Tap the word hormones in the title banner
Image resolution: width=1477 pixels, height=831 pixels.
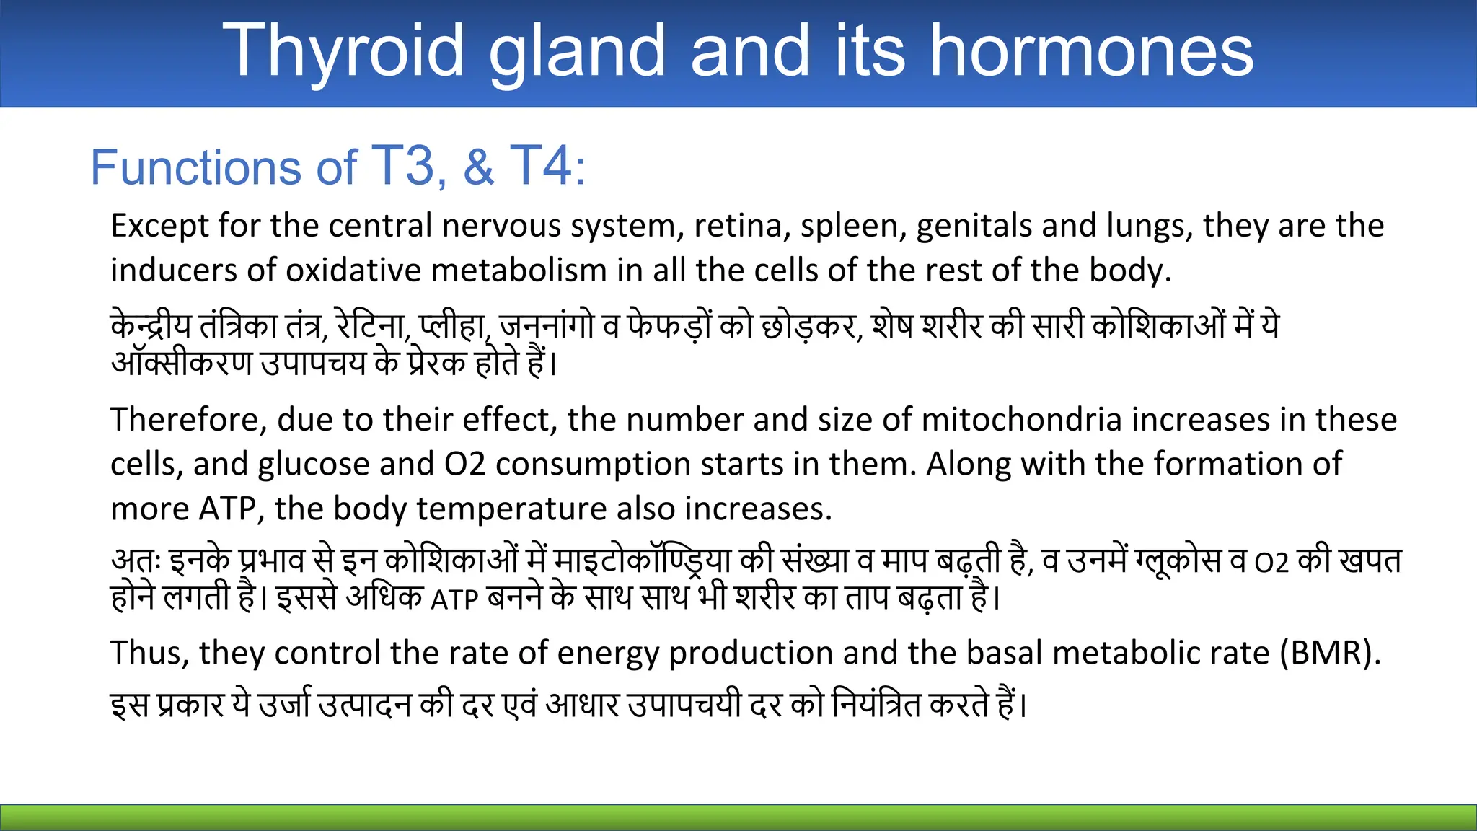pos(1092,50)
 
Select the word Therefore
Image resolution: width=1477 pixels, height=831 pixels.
pos(188,420)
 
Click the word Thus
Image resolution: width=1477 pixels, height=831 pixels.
pos(149,654)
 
